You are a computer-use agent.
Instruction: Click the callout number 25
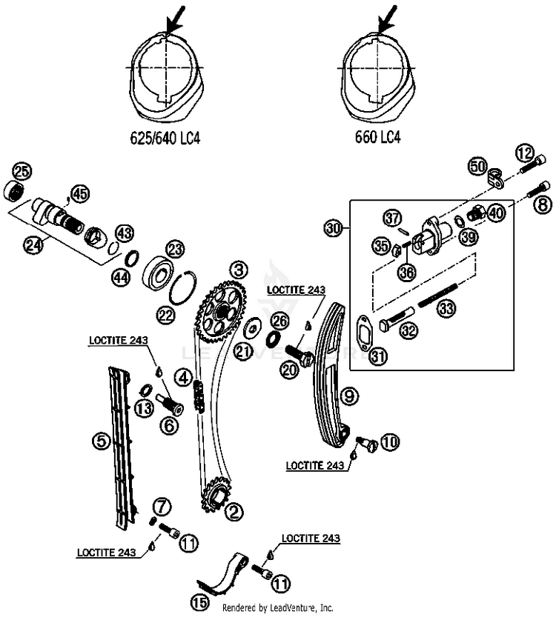click(22, 172)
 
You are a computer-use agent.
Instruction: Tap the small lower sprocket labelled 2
click(214, 493)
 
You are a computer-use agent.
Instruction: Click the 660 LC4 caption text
click(377, 137)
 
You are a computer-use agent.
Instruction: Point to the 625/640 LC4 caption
click(165, 138)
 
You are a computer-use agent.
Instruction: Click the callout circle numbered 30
click(334, 228)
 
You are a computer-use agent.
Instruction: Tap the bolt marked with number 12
click(534, 166)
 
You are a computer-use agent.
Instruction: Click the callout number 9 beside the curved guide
click(349, 396)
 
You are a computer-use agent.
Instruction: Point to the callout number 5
click(102, 441)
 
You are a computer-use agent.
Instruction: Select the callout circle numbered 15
click(199, 603)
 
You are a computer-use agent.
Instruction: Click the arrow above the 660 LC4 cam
click(388, 19)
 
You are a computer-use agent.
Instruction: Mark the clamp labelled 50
click(496, 178)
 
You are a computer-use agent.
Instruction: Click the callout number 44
click(121, 278)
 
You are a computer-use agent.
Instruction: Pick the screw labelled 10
click(367, 443)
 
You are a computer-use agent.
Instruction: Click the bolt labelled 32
click(397, 317)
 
